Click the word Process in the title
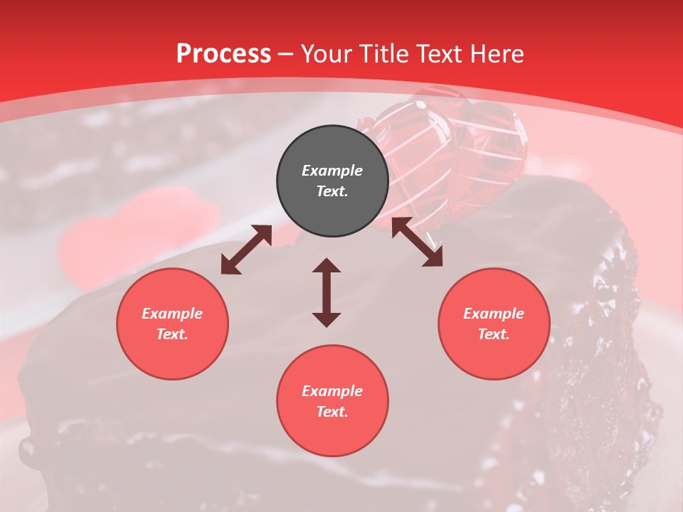click(x=223, y=54)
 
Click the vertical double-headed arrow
click(x=327, y=292)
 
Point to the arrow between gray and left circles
click(x=246, y=250)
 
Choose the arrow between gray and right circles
click(x=417, y=242)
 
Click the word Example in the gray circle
click(x=332, y=171)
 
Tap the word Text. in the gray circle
click(x=332, y=191)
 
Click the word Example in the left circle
click(x=172, y=314)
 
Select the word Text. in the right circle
click(x=494, y=334)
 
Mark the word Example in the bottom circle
click(x=332, y=391)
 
